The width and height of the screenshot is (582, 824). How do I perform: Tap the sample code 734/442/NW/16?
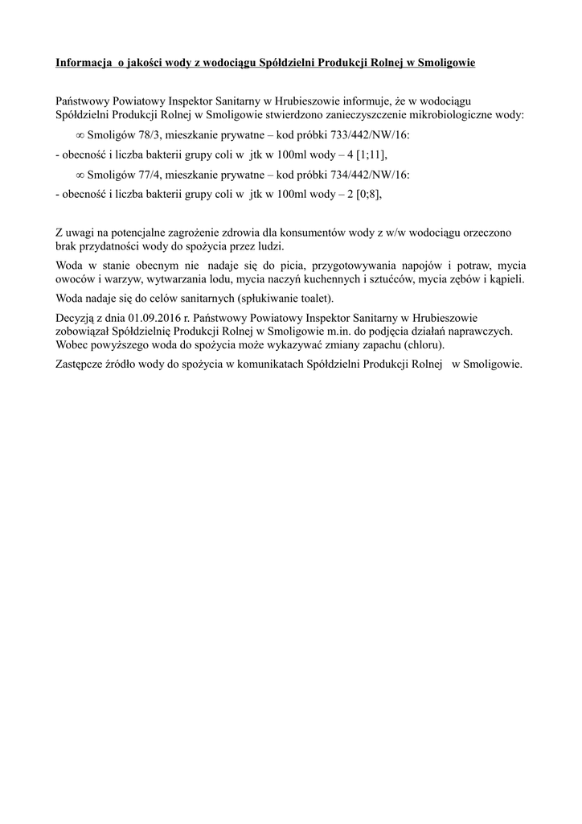[x=371, y=175]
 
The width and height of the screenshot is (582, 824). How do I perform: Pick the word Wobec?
[x=72, y=344]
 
